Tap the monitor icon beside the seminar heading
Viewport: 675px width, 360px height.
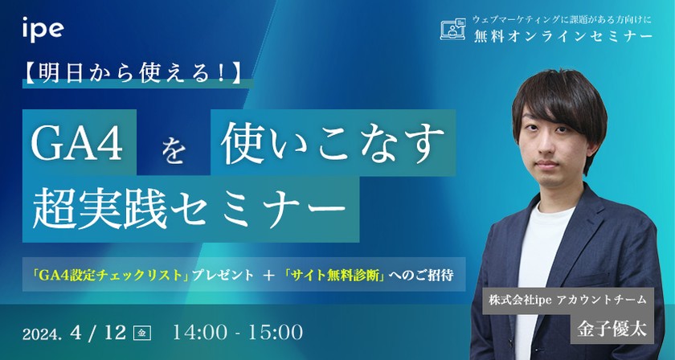[454, 30]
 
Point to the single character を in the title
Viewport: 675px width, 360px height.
[171, 150]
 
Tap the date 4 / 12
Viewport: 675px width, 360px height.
[103, 331]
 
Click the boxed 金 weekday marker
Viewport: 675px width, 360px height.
[142, 332]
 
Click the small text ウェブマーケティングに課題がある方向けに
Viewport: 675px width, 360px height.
[564, 18]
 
